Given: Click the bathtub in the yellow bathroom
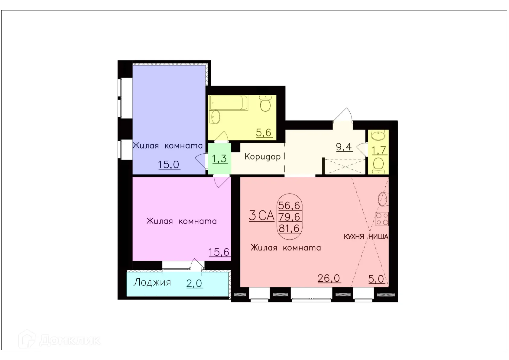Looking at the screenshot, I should (x=229, y=103).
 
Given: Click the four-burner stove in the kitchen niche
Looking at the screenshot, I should (x=382, y=219).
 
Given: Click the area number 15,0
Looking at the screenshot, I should (x=169, y=165).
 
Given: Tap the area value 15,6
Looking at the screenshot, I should (x=219, y=252).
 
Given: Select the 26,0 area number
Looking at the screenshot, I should (x=329, y=278).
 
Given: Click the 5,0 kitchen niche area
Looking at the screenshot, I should (x=376, y=279).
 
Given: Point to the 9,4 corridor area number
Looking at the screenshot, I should (x=344, y=147).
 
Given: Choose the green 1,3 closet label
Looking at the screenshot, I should (x=220, y=158).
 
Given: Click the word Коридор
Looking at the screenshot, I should (x=262, y=157).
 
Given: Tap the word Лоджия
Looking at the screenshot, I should (x=152, y=282).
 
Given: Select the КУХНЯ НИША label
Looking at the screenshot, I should (x=366, y=237).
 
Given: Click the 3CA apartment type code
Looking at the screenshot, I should (x=261, y=216).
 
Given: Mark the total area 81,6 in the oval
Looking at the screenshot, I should (x=289, y=228).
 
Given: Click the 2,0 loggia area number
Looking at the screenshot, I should (x=195, y=283).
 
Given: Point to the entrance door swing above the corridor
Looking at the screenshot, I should (x=343, y=115).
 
